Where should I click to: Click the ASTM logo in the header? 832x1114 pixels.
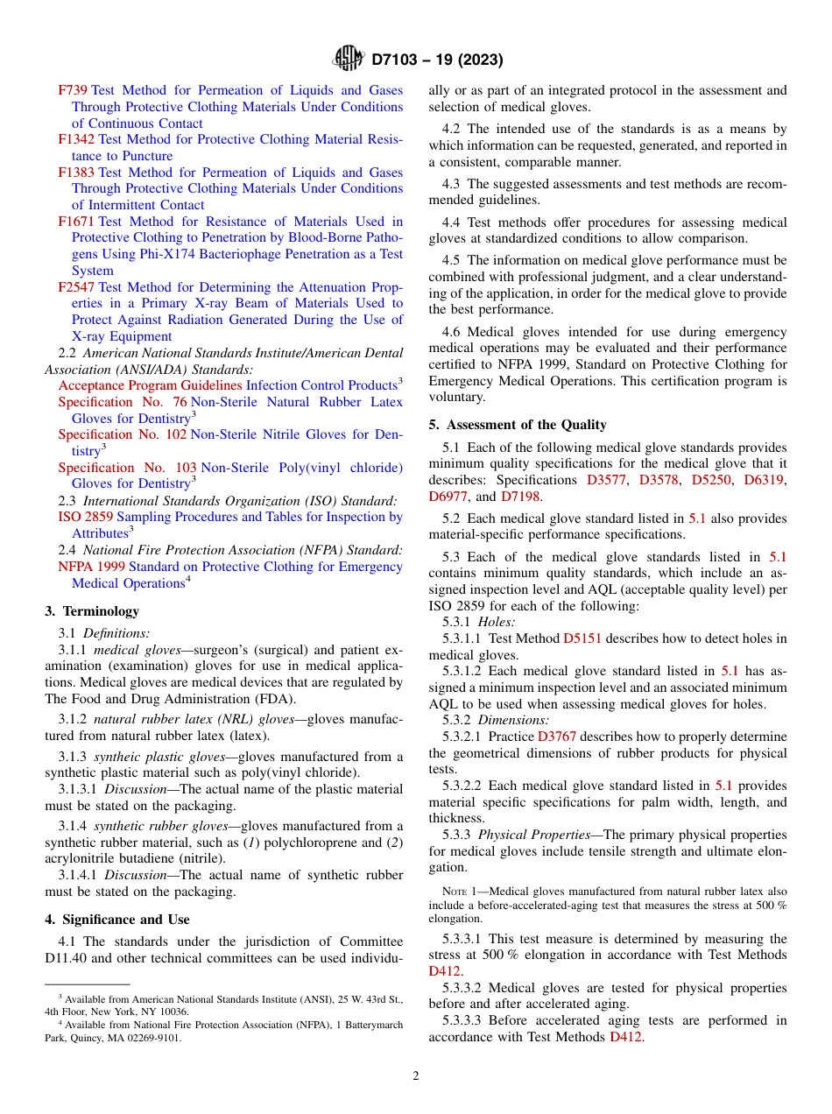pyautogui.click(x=349, y=59)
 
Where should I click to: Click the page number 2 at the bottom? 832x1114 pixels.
pyautogui.click(x=416, y=1075)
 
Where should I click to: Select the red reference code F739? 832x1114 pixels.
pyautogui.click(x=73, y=90)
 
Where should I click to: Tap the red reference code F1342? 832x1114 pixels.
pyautogui.click(x=76, y=139)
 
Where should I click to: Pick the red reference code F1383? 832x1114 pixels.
pyautogui.click(x=76, y=173)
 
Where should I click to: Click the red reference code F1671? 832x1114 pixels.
pyautogui.click(x=76, y=222)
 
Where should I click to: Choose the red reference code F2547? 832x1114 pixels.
pyautogui.click(x=76, y=287)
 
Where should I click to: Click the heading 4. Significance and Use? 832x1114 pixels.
pyautogui.click(x=117, y=920)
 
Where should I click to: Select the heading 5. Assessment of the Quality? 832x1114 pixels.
pyautogui.click(x=518, y=425)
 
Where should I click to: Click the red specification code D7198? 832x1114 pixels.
pyautogui.click(x=521, y=497)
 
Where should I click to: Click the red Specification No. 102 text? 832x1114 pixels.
pyautogui.click(x=122, y=434)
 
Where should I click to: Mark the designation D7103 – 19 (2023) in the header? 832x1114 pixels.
pyautogui.click(x=437, y=60)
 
